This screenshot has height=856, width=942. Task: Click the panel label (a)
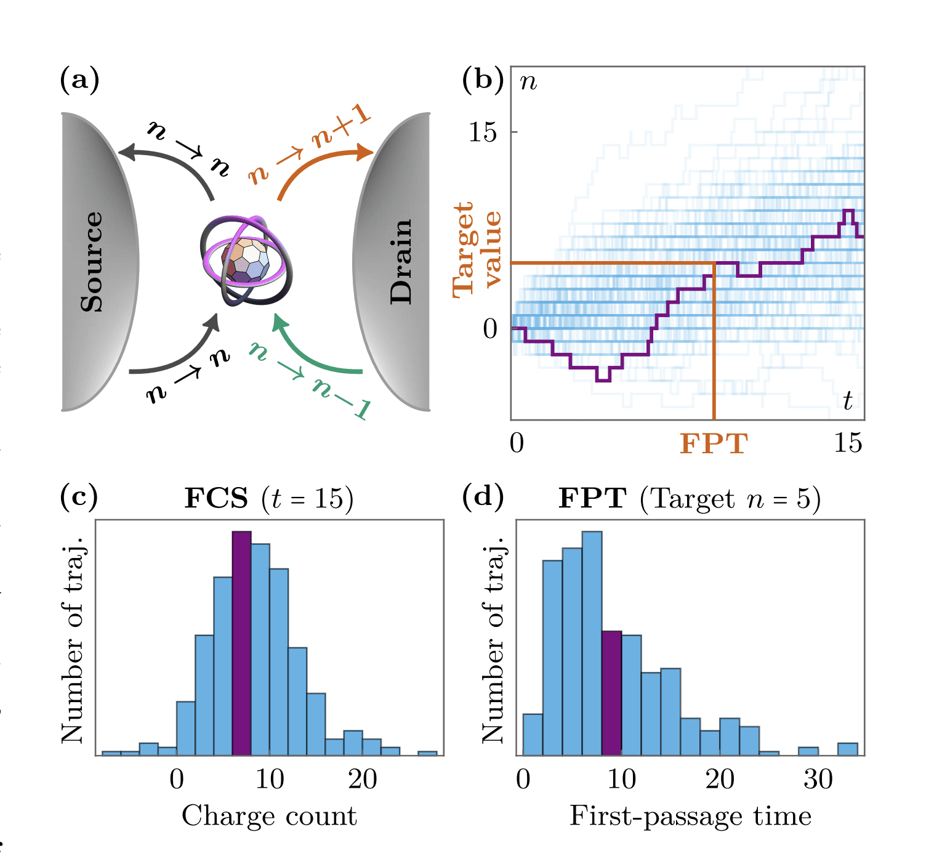coord(79,81)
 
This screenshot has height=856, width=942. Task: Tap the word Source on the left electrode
coord(92,262)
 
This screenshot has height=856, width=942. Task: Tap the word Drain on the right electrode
coord(401,262)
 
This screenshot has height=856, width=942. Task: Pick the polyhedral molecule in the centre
coord(246,261)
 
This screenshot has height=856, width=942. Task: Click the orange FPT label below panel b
coord(714,443)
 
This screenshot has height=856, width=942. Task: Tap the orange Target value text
coord(477,249)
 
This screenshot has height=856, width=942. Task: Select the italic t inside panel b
coord(847,400)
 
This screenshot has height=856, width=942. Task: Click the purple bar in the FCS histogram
coord(241,643)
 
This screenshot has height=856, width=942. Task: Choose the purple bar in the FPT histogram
coord(611,693)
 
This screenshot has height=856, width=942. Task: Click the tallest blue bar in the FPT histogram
coord(592,643)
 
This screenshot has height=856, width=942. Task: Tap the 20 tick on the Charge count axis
coord(363,780)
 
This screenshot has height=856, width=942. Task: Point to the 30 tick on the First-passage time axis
coord(818,780)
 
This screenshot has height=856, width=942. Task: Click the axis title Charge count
coord(269,816)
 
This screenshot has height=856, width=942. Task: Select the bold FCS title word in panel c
coord(216,498)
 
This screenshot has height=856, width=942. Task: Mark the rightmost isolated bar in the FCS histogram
coord(427,753)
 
